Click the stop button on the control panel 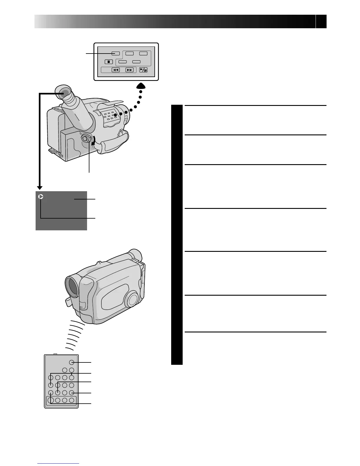pos(109,62)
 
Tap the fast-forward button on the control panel pos(129,70)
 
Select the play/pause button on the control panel pos(143,70)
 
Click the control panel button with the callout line pos(116,54)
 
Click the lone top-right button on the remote pos(71,362)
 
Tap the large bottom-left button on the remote pos(51,400)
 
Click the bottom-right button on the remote pos(71,400)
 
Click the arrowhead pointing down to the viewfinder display pos(40,187)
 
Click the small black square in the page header pos(321,21)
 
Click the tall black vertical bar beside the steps pos(177,235)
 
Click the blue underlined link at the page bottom pos(58,463)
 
